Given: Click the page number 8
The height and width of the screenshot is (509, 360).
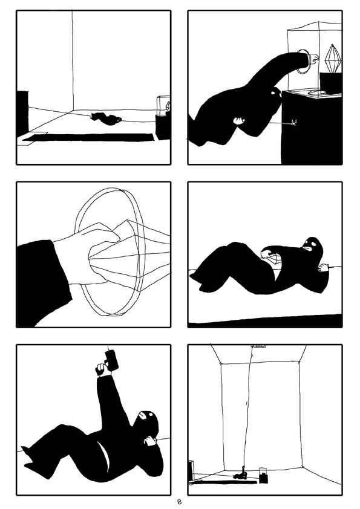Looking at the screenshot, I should point(179,502).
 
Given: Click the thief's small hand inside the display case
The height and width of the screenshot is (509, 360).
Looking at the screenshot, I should point(313,60).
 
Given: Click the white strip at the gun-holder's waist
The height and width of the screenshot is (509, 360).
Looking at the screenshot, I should point(107,459).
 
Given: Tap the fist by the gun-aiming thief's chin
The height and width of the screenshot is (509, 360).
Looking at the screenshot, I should point(149,442).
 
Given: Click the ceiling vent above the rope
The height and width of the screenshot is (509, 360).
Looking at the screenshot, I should point(258,346).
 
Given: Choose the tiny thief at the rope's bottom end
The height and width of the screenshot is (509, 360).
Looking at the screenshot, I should point(241,475).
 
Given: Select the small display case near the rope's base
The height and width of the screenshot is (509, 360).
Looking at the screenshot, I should point(264,475).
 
